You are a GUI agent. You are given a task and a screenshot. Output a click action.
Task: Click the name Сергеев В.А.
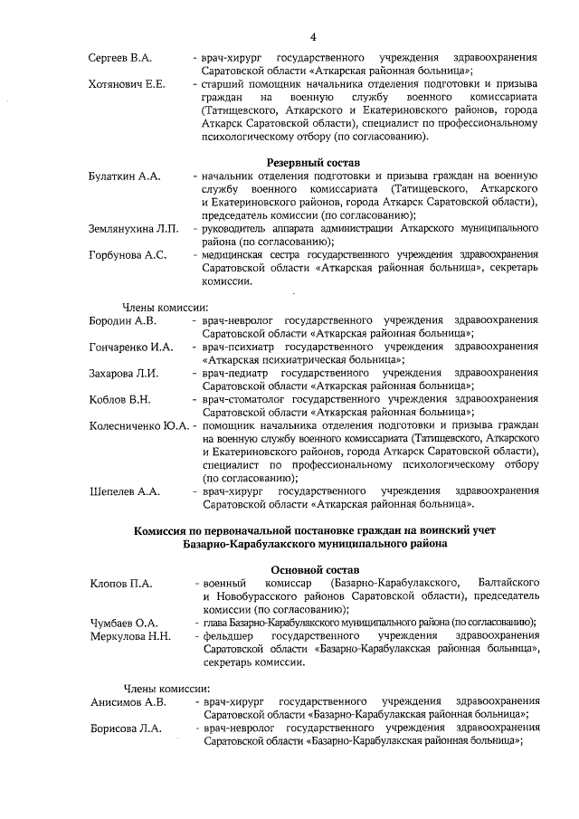[x=119, y=58]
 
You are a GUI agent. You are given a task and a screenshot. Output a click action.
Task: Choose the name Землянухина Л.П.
[x=134, y=230]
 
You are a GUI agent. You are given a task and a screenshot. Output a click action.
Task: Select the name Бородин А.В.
[x=123, y=320]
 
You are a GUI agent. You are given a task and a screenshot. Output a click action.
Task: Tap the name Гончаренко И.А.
[x=131, y=347]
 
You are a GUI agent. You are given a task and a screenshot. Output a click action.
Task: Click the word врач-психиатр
[x=240, y=347]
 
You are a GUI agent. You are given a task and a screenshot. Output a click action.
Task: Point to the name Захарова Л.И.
[x=124, y=373]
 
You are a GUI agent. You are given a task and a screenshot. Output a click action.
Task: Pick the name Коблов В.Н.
[x=119, y=399]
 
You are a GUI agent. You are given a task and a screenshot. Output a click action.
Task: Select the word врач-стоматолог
[x=247, y=399]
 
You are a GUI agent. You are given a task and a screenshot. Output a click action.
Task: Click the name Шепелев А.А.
[x=125, y=491]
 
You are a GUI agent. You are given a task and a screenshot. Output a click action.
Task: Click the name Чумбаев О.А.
[x=124, y=623]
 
